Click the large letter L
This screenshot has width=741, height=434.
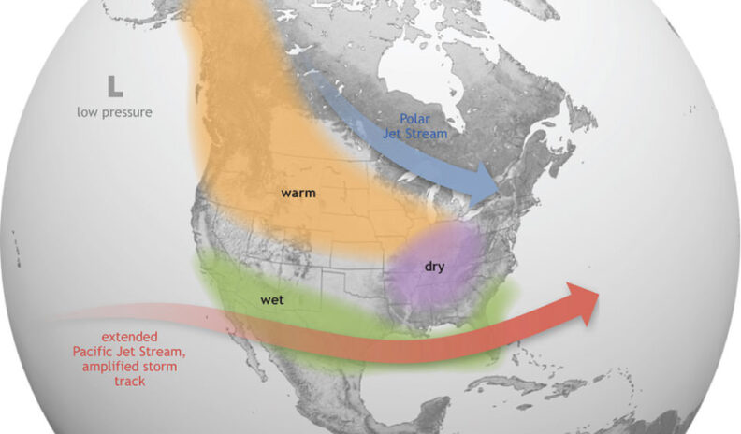(114, 88)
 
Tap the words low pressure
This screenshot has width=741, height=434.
(114, 112)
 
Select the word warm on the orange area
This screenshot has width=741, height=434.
(298, 194)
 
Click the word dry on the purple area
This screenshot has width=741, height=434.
(434, 267)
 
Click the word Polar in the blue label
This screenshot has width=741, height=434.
(414, 119)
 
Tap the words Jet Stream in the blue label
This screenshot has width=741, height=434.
(415, 134)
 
